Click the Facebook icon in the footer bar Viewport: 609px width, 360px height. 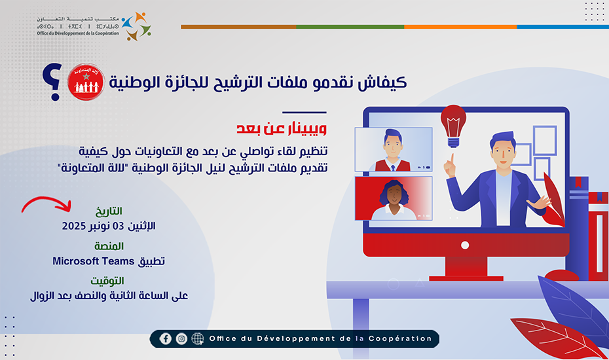pos(166,338)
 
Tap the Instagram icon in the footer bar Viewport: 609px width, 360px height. pos(181,338)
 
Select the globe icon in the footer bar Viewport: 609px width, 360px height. pos(198,338)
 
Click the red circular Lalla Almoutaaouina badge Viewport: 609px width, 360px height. pos(86,83)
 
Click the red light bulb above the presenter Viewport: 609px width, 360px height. pos(453,124)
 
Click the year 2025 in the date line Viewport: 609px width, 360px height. pos(75,226)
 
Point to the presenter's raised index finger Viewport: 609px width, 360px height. pos(451,158)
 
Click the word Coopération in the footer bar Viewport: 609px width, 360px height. pos(405,338)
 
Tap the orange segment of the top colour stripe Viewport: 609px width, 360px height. pos(460,27)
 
